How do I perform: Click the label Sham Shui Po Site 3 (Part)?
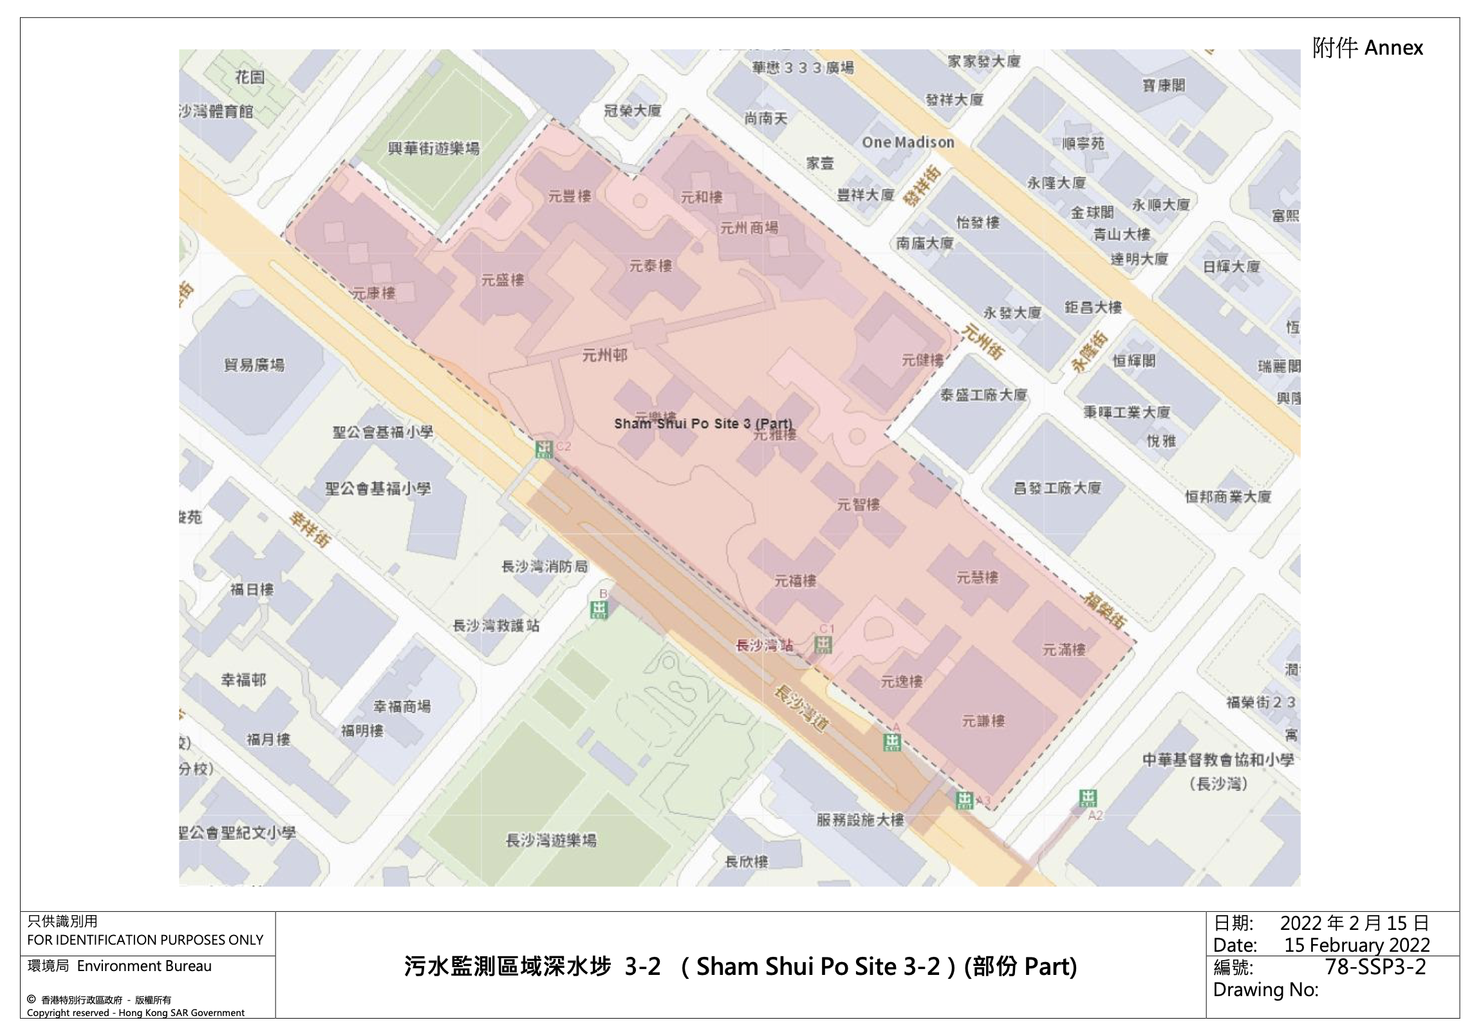click(703, 424)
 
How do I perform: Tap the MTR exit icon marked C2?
click(544, 448)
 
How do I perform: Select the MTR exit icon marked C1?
click(823, 644)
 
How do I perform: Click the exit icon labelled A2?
click(1088, 799)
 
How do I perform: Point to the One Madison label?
click(908, 143)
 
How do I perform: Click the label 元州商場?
click(749, 228)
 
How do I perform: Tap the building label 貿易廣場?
click(254, 365)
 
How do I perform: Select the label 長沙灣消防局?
click(545, 567)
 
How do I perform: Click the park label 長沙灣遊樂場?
click(551, 841)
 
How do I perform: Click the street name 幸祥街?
click(310, 529)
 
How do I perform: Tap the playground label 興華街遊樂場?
click(433, 149)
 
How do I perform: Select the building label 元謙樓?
click(983, 722)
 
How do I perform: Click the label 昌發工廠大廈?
click(1057, 488)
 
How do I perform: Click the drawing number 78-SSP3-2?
click(1375, 967)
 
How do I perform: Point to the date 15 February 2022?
click(1357, 945)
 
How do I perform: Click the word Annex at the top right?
click(1393, 48)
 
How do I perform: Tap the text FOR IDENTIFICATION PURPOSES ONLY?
click(145, 940)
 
